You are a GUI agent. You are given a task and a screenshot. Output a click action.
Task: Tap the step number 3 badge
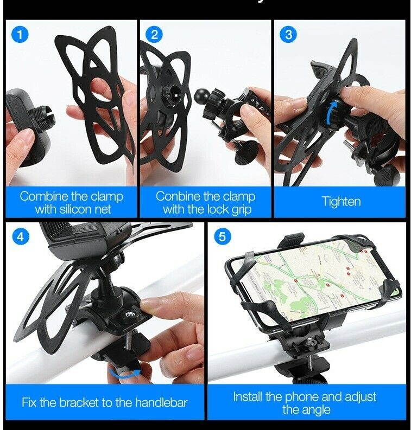(288, 35)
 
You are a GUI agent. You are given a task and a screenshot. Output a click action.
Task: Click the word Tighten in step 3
(341, 202)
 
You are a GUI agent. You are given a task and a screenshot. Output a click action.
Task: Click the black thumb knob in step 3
(389, 175)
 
